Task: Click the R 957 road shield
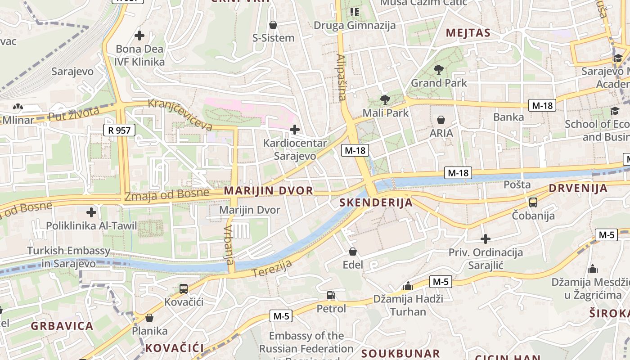click(119, 130)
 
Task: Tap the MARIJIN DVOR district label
click(268, 190)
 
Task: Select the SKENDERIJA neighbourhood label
click(376, 202)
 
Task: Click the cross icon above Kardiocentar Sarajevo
click(295, 130)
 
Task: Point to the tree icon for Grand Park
click(439, 70)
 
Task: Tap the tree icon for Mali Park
click(385, 99)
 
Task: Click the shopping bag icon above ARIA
click(441, 120)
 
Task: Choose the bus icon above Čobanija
click(533, 202)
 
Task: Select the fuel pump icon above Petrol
click(331, 296)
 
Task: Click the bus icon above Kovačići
click(184, 289)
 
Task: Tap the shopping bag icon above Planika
click(149, 318)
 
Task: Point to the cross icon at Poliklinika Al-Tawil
click(91, 212)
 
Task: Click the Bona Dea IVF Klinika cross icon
click(139, 35)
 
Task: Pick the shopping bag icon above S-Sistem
click(273, 25)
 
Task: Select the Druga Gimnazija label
click(355, 25)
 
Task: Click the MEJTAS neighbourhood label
click(468, 33)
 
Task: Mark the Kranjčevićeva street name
click(180, 114)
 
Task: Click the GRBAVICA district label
click(62, 326)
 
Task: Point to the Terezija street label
click(272, 268)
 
